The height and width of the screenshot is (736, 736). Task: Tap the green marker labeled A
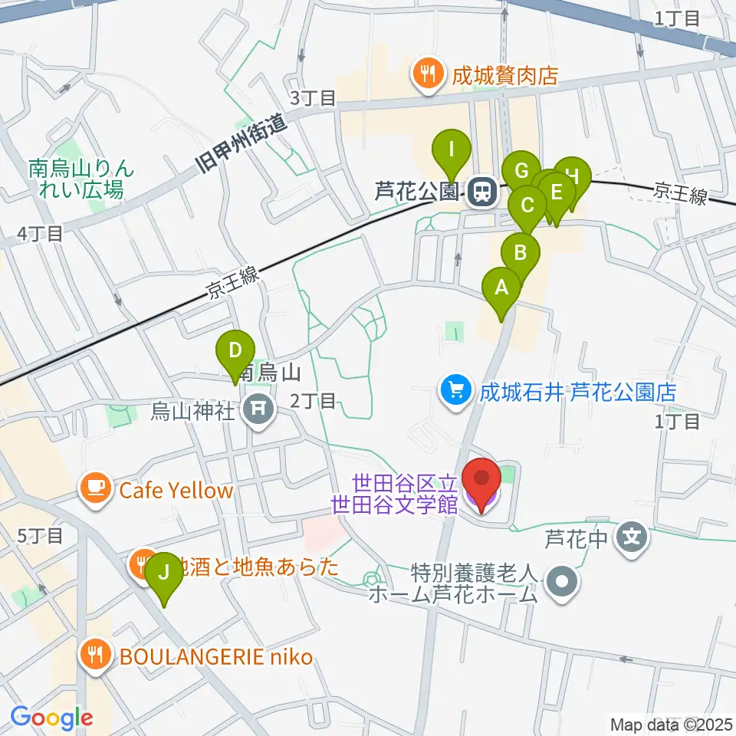click(502, 291)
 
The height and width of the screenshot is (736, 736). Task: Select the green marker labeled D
click(236, 353)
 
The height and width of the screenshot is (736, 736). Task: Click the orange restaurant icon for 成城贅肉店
click(424, 75)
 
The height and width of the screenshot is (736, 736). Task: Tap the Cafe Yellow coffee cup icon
click(96, 488)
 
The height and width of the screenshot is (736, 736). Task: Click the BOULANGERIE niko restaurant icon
click(96, 655)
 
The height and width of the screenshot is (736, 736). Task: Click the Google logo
click(52, 718)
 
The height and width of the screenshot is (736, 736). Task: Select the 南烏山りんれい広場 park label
click(76, 178)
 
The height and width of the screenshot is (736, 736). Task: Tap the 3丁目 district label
click(313, 97)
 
